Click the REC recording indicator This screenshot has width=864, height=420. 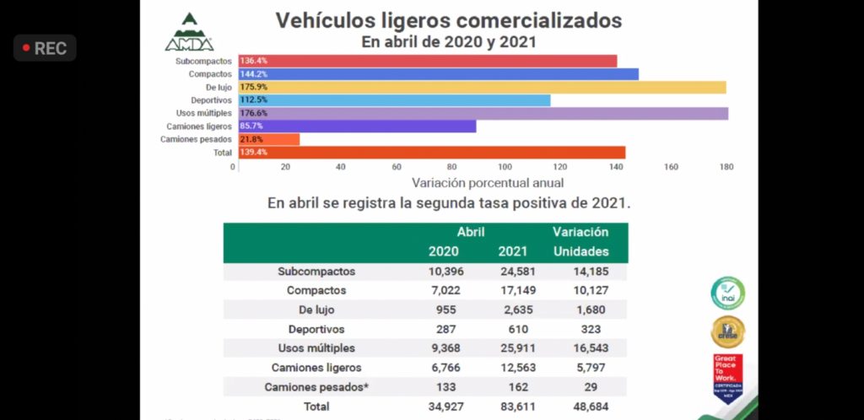[45, 48]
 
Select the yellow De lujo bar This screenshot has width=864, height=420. [482, 87]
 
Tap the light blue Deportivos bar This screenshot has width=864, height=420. [394, 100]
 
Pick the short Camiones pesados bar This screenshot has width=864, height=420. [269, 138]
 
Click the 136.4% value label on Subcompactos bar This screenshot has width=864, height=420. [254, 62]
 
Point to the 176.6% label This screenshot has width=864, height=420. [254, 113]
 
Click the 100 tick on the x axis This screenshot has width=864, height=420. [505, 167]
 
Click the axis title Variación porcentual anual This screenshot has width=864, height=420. [488, 182]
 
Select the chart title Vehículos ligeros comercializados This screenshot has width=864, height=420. [449, 20]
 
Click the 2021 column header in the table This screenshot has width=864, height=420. [512, 251]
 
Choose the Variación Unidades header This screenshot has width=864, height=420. [580, 241]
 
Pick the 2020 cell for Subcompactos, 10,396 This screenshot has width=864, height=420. [443, 272]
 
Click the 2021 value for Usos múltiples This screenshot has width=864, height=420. [512, 347]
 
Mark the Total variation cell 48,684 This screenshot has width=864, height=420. [580, 407]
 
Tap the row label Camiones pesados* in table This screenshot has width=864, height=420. [316, 387]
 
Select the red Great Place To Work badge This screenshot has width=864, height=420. [727, 374]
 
